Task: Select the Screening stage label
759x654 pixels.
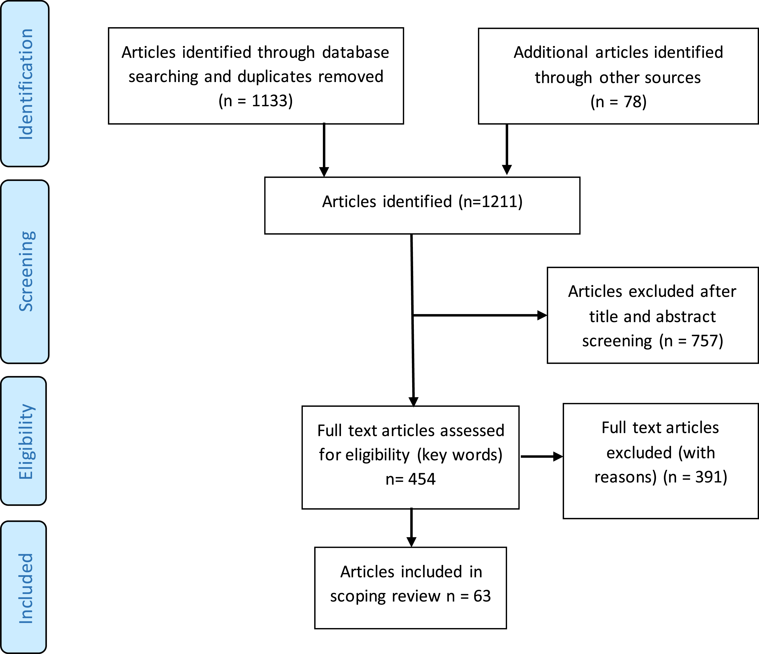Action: click(26, 271)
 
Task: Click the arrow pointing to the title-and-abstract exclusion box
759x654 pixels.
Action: click(480, 315)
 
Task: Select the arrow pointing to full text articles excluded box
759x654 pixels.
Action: click(542, 456)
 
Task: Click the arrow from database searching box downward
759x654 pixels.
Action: click(324, 150)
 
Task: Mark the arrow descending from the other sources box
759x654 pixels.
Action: click(507, 149)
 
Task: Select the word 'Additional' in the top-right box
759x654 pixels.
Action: click(551, 52)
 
